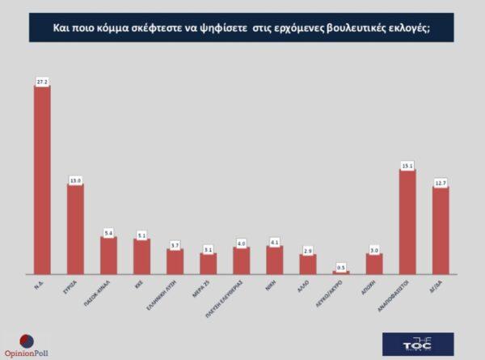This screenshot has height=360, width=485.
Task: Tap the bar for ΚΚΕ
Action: (x=141, y=256)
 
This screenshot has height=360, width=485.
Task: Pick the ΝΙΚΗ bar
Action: (x=274, y=260)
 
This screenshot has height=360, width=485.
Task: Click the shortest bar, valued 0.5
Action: (x=341, y=273)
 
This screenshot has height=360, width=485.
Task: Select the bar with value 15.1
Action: (x=407, y=222)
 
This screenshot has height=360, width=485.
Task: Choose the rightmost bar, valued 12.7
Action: (x=441, y=231)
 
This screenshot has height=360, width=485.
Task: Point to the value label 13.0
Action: (x=75, y=180)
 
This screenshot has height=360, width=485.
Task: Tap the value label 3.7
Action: (x=175, y=244)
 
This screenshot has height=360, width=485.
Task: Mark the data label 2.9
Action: (x=308, y=249)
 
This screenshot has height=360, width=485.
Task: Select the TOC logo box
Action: (x=418, y=343)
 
